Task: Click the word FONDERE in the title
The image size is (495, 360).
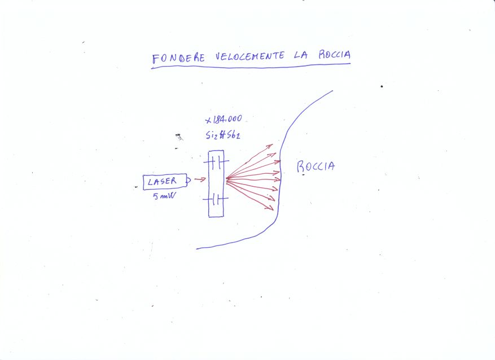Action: point(180,58)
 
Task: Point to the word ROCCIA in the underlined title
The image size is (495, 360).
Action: point(333,55)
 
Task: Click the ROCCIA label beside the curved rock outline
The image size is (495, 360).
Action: point(316,166)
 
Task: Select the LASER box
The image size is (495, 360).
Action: point(164,182)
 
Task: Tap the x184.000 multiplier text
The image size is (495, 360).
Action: point(224,120)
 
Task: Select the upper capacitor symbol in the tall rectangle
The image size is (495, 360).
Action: point(216,163)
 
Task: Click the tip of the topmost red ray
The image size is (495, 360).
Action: point(273,146)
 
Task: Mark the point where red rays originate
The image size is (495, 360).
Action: point(226,179)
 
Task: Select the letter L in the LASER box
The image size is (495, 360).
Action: point(150,182)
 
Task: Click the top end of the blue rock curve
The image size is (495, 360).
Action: point(332,91)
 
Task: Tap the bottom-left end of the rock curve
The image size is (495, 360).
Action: point(198,248)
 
